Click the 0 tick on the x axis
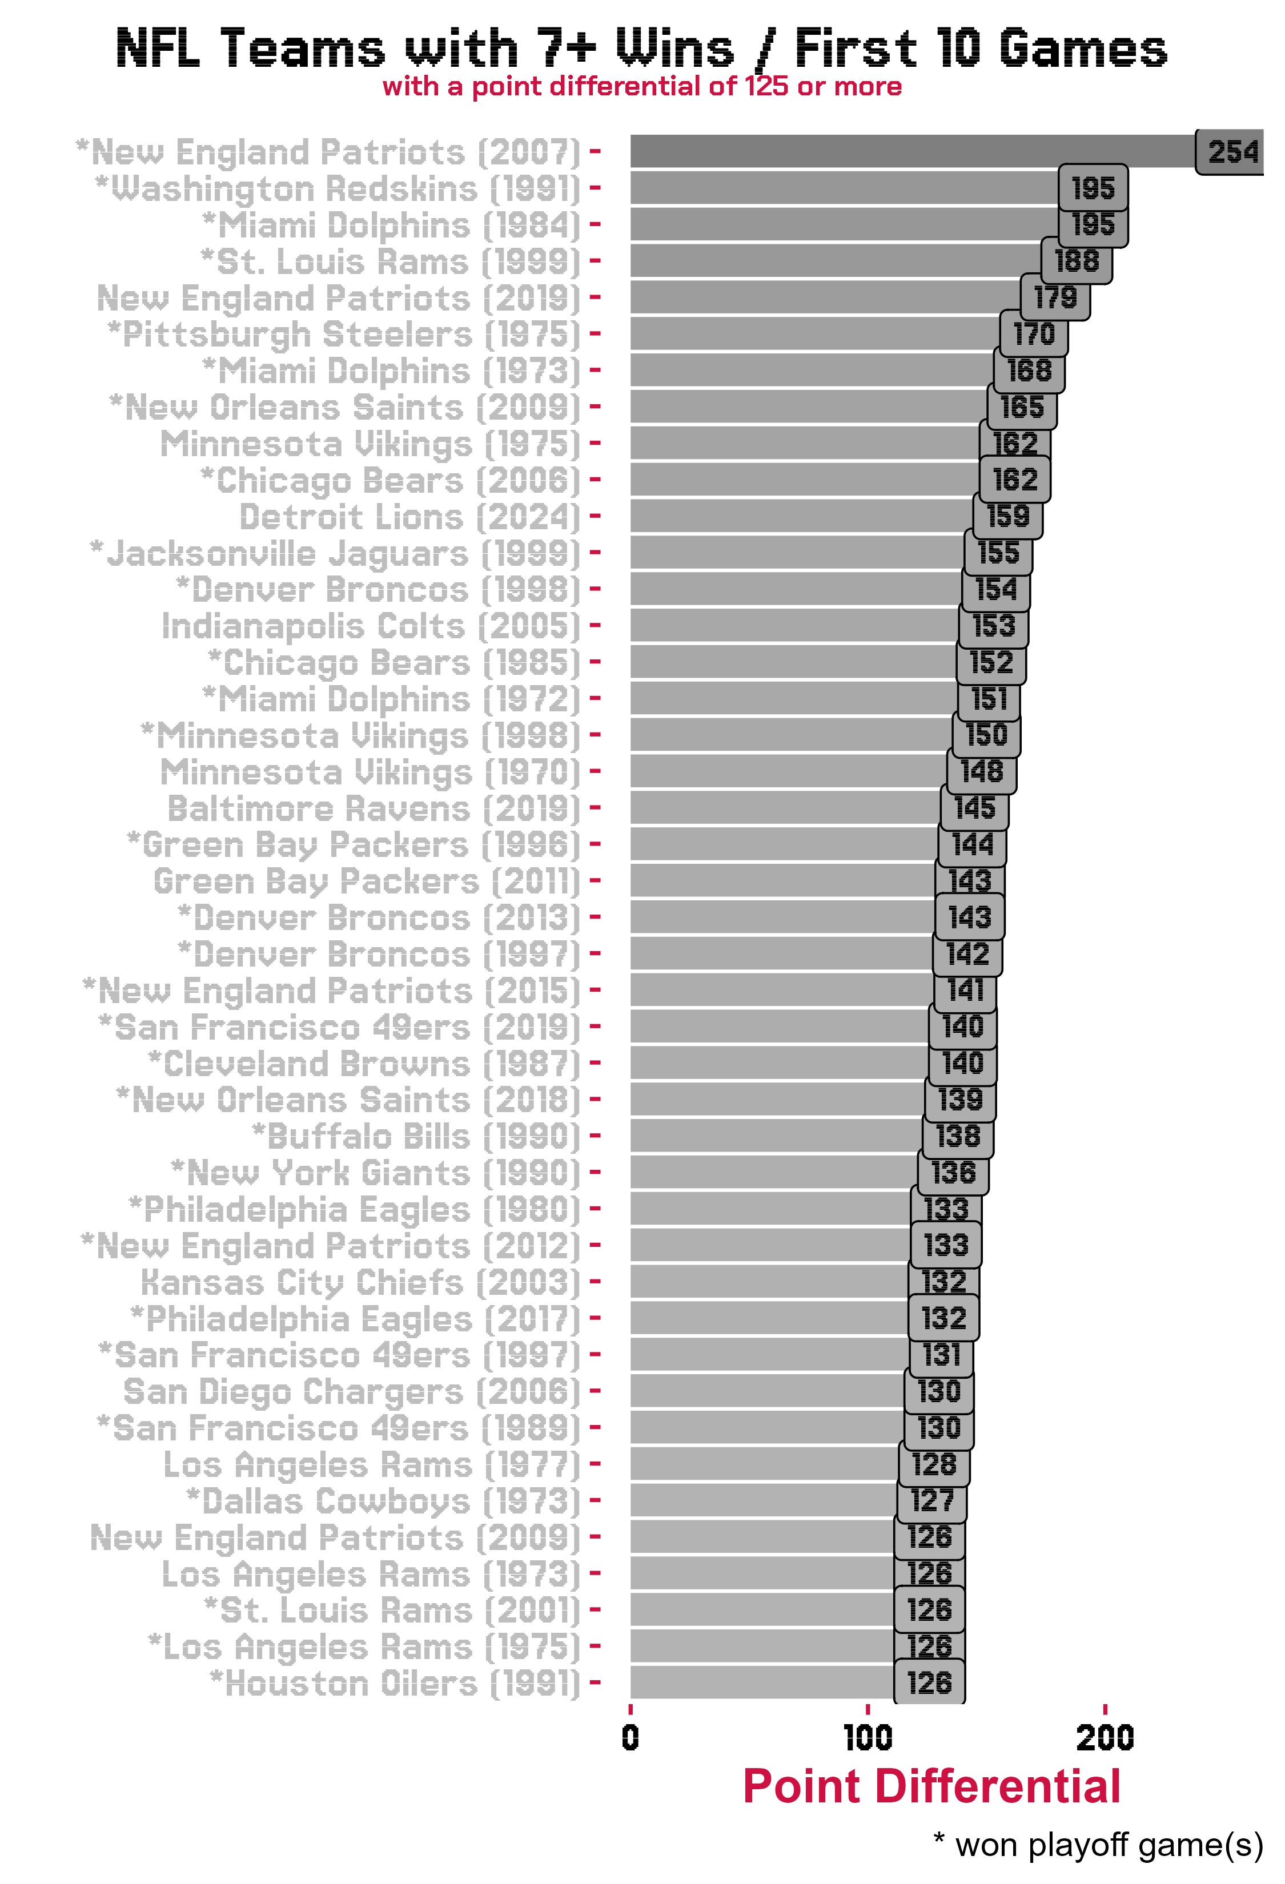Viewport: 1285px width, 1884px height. point(631,1737)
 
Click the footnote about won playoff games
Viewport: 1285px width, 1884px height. point(1099,1844)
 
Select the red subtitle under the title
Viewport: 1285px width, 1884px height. point(642,86)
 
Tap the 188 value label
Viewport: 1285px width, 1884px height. point(1077,261)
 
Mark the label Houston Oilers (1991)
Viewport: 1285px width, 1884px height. point(396,1684)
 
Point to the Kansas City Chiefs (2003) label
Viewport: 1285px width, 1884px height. point(361,1282)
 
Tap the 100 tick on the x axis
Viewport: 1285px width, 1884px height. point(868,1737)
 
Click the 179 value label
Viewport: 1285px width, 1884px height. point(1055,297)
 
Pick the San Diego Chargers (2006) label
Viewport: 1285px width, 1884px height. point(352,1392)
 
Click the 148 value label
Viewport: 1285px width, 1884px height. point(982,772)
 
